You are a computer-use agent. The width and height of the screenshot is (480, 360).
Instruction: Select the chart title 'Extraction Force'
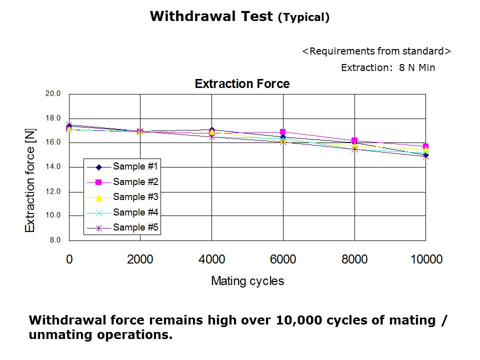click(x=242, y=83)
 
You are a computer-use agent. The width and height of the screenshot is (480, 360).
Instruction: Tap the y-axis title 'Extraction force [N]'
click(x=30, y=179)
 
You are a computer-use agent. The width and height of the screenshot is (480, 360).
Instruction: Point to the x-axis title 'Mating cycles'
click(x=247, y=281)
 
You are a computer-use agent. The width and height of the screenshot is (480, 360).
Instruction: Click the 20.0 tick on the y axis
click(x=53, y=93)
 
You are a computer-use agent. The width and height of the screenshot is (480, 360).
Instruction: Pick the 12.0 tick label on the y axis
click(x=53, y=191)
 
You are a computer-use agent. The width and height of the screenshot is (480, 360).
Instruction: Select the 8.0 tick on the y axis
click(x=55, y=240)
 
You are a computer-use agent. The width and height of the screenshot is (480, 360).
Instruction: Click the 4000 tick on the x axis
click(x=212, y=259)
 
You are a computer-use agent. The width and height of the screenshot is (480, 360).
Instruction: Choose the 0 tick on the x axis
click(x=69, y=259)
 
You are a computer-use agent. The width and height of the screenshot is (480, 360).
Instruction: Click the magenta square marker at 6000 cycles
click(x=283, y=132)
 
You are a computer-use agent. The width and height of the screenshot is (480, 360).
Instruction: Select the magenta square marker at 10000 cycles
click(x=425, y=146)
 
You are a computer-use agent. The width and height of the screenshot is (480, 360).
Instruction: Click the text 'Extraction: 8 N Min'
click(x=388, y=68)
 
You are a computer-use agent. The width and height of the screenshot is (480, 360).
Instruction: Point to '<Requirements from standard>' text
click(x=376, y=51)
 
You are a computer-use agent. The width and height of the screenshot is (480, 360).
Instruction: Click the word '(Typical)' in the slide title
click(x=303, y=18)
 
